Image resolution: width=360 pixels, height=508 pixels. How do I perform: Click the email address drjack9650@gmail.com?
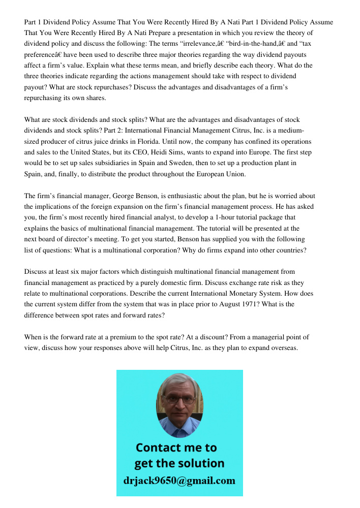179,481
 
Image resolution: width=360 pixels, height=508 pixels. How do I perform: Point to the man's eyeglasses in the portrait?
178,398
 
